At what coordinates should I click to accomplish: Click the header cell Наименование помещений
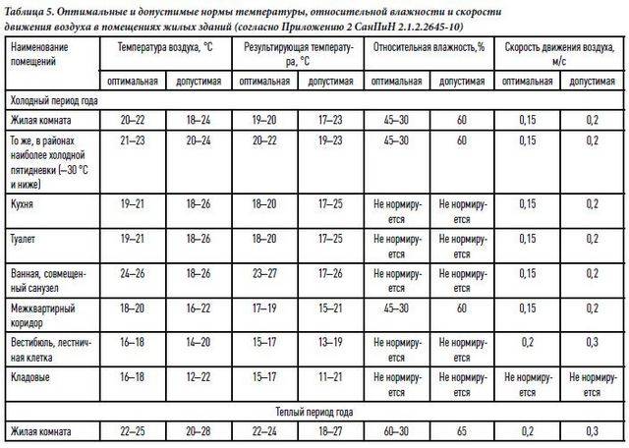pyautogui.click(x=43, y=53)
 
